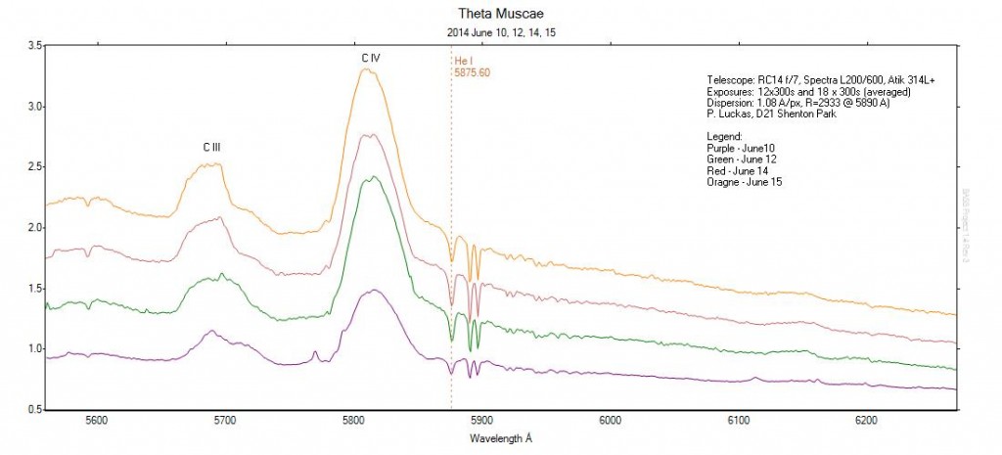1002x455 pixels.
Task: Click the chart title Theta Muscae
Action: [500, 13]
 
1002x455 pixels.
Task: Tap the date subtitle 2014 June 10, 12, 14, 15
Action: [500, 31]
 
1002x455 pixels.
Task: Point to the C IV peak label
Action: [370, 59]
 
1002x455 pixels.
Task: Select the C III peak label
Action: [212, 147]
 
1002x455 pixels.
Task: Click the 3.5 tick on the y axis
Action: [32, 46]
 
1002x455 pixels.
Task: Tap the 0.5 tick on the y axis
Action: [32, 409]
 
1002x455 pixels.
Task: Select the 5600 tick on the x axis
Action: [96, 421]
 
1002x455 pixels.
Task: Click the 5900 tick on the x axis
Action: [480, 421]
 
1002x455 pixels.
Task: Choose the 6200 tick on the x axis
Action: [865, 421]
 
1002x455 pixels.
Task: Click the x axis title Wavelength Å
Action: [500, 436]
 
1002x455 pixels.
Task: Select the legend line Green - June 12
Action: [744, 158]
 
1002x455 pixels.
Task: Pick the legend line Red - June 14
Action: [741, 169]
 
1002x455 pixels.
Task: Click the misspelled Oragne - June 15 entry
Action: [744, 182]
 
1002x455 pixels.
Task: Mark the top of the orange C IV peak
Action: [367, 69]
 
